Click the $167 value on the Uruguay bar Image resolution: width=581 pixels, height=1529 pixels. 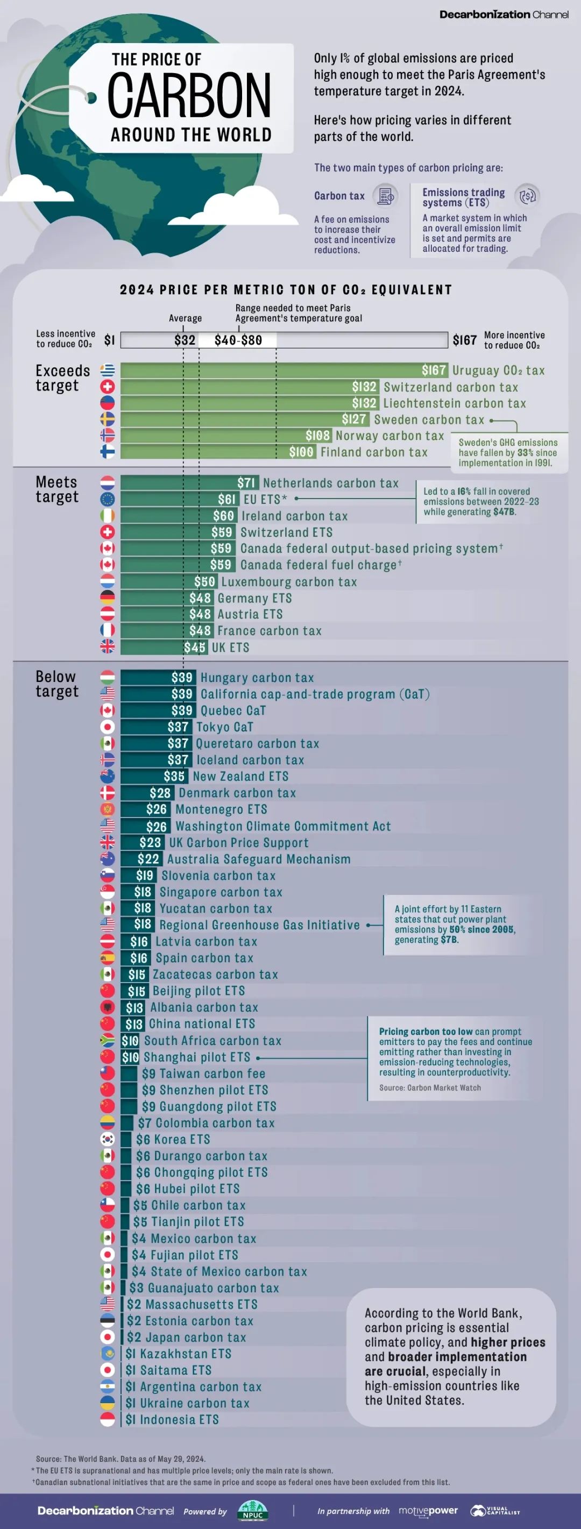coord(434,371)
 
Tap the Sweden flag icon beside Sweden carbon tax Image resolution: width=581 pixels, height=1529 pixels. coord(108,419)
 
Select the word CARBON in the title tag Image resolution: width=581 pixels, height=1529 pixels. coord(189,96)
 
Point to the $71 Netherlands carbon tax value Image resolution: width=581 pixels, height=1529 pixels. coord(246,483)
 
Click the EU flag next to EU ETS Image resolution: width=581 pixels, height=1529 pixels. coord(108,499)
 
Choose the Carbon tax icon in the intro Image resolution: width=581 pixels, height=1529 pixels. coord(386,196)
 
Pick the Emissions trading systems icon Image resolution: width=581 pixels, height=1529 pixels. coord(527,196)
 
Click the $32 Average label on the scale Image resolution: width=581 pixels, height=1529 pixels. coord(185,340)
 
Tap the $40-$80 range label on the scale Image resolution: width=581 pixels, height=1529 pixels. coord(238,340)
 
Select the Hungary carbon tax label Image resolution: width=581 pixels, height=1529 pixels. coord(257,678)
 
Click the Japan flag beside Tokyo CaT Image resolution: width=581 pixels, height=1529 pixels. coord(108,727)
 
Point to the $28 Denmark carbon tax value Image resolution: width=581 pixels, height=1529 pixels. coord(160,793)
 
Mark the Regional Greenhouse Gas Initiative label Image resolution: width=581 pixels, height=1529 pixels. coord(259,924)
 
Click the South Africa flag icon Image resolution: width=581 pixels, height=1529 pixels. coord(108,1041)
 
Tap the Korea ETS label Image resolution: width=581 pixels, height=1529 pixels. coord(173,1139)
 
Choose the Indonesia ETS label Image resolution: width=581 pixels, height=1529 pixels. coord(172,1419)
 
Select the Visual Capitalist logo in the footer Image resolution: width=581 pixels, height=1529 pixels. coord(495,1511)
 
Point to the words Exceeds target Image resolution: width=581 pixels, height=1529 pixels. coord(62,378)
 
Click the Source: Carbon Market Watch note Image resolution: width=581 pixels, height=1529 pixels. coord(430,1087)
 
